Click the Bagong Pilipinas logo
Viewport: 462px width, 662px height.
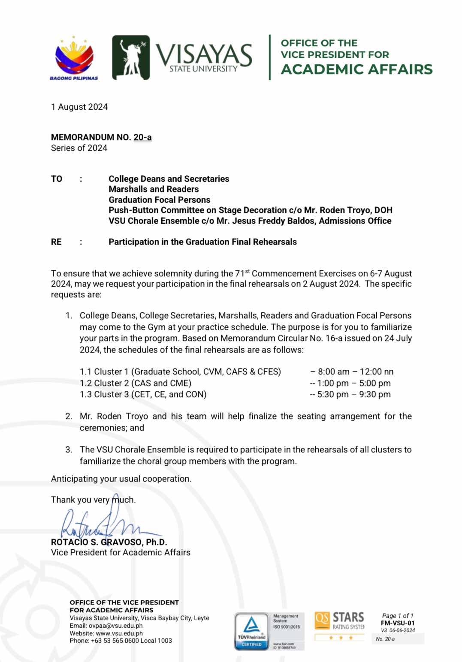pos(74,58)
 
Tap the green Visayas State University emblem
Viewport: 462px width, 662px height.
pos(131,57)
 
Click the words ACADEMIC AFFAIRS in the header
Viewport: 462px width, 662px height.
pos(356,69)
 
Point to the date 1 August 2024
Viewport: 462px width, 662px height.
pos(79,107)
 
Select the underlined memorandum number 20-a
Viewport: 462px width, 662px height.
pos(142,137)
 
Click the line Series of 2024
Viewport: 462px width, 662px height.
pos(79,148)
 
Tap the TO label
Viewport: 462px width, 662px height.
pos(57,179)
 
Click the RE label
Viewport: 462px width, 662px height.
pos(56,242)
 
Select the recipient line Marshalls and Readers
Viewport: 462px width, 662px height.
pos(154,189)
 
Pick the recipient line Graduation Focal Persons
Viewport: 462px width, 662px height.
pos(159,200)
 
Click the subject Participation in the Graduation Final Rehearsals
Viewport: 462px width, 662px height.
pos(202,242)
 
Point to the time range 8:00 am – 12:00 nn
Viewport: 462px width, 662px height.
pos(355,371)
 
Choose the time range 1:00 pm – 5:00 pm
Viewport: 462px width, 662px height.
pos(354,383)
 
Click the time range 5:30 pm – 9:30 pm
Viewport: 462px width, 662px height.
pos(354,394)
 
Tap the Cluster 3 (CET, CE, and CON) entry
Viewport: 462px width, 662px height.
pos(143,394)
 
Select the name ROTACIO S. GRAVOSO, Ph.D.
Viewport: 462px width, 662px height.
pos(109,542)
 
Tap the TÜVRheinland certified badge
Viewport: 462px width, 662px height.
pos(251,632)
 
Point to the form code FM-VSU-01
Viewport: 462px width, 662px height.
pos(398,623)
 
